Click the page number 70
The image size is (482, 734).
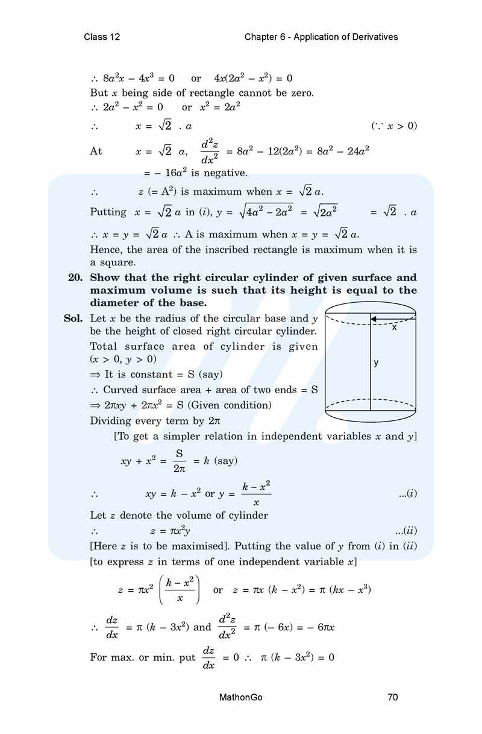click(x=393, y=697)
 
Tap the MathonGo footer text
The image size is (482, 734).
click(x=241, y=697)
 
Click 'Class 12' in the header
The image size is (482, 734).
click(x=102, y=37)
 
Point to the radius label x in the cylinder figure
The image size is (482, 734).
click(x=395, y=327)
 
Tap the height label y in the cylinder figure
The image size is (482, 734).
click(x=376, y=362)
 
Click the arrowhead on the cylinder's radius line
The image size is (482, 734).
click(x=374, y=320)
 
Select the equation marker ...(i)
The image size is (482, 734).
click(x=407, y=493)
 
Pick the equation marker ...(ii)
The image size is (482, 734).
click(x=406, y=531)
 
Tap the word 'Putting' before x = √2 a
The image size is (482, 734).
click(x=108, y=212)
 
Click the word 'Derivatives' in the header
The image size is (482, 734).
click(x=374, y=37)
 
